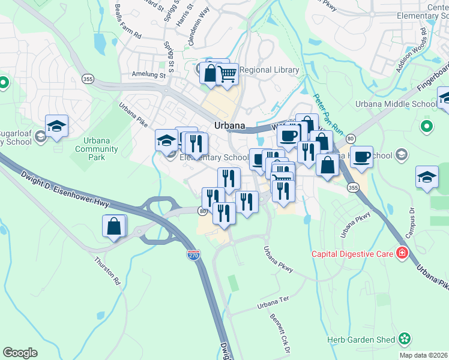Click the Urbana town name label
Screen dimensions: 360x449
tap(230, 125)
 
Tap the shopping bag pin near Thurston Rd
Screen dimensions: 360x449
tap(114, 227)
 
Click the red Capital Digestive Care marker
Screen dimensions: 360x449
tap(401, 254)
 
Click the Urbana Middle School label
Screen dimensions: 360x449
tap(396, 104)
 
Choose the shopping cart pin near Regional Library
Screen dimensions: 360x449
tap(227, 74)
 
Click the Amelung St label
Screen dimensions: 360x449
tap(148, 75)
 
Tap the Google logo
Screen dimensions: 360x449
tap(20, 353)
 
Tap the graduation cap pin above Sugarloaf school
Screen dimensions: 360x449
tap(56, 125)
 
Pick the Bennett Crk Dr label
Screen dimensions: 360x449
tap(280, 334)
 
